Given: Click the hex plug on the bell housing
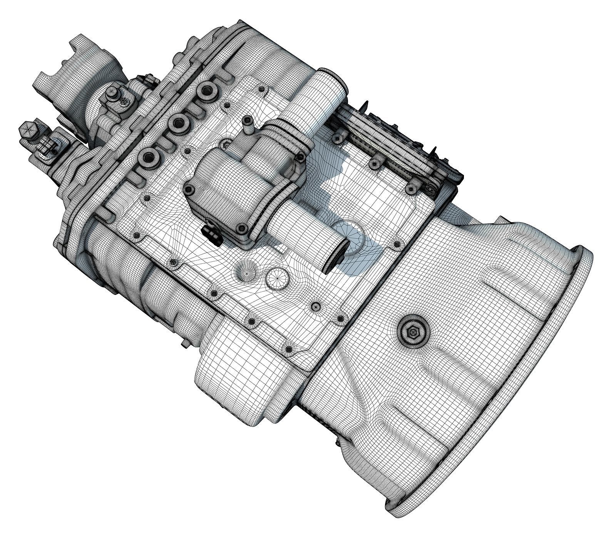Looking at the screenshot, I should [412, 332].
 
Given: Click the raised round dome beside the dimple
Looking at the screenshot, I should [277, 278].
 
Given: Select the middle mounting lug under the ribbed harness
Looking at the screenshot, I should [373, 163].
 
